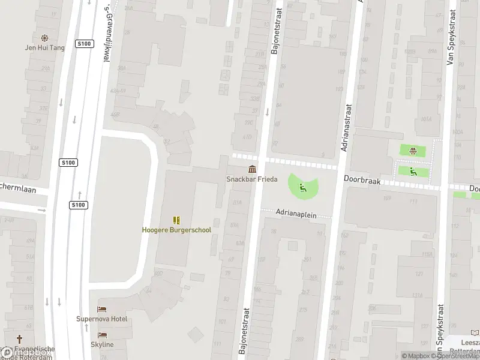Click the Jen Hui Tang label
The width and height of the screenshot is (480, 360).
click(44, 47)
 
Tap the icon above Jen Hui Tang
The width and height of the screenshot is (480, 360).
click(44, 38)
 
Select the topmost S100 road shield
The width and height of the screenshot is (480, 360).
click(83, 44)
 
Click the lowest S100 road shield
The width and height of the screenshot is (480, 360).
click(79, 205)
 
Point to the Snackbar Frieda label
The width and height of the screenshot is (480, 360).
click(251, 179)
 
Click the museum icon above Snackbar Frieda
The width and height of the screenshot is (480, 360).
click(252, 169)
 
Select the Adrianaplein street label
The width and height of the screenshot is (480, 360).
click(296, 212)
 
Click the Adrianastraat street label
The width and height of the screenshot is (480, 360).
click(347, 127)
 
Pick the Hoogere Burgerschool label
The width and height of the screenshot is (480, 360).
click(176, 230)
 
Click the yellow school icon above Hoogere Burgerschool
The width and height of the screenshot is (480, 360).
click(176, 220)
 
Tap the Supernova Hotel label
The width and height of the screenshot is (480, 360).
click(101, 319)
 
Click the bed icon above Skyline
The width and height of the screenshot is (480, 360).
click(102, 335)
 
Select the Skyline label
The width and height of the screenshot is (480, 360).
click(102, 344)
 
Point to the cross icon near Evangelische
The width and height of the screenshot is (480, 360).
click(19, 339)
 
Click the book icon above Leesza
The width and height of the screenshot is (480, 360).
click(475, 332)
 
